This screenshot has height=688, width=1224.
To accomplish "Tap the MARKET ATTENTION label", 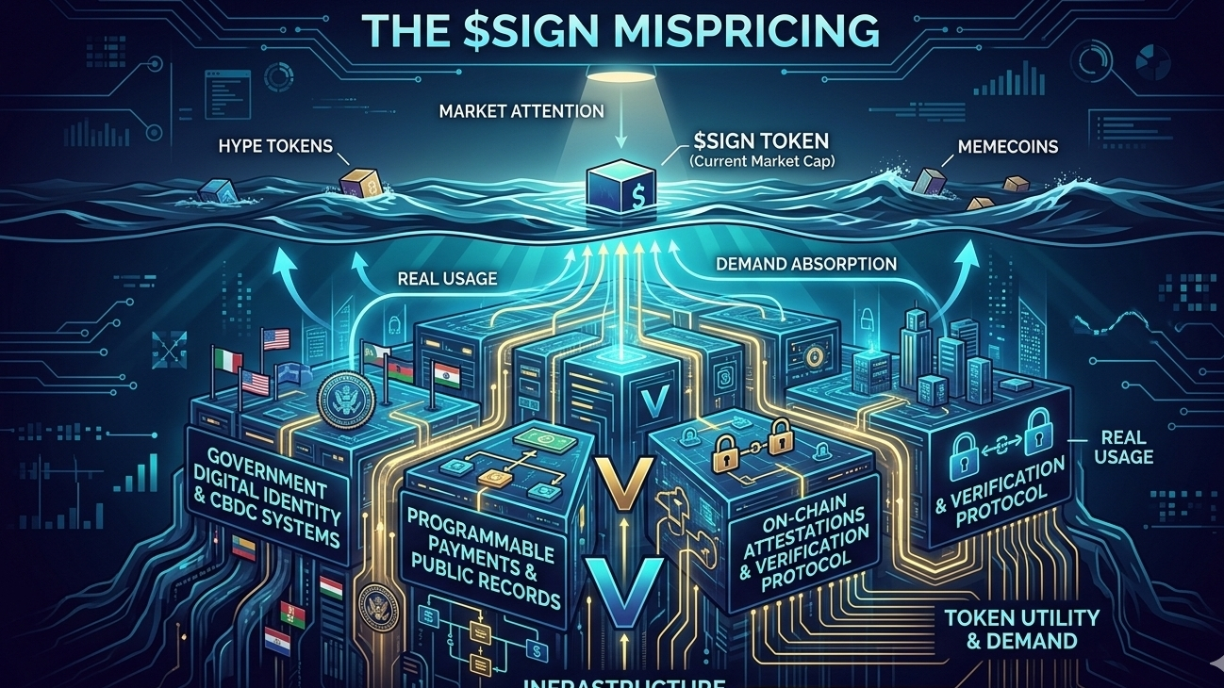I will click(521, 111).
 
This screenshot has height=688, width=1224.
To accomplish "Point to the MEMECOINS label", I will click(1008, 147).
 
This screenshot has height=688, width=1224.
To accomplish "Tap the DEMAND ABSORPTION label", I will click(806, 264).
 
